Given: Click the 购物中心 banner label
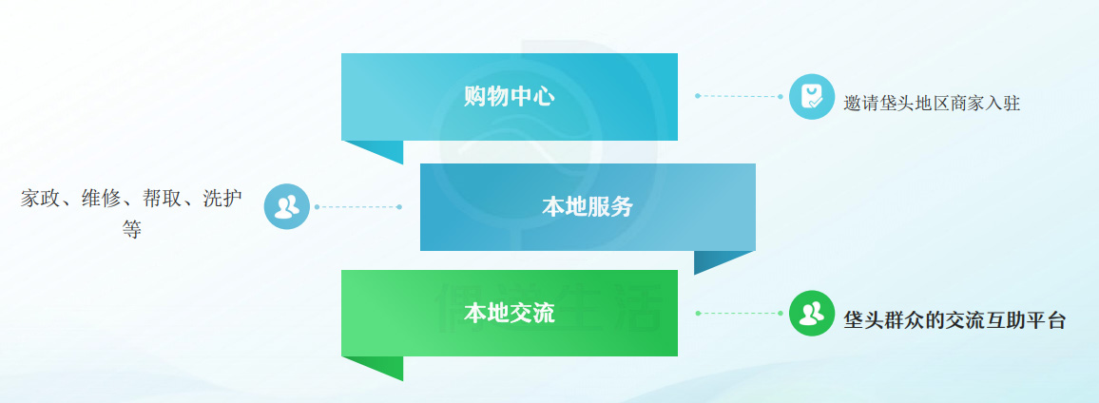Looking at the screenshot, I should (509, 97).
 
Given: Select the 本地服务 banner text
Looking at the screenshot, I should (588, 207).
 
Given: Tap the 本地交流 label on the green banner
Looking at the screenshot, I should (509, 314).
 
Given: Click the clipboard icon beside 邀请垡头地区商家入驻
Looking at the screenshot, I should (811, 96).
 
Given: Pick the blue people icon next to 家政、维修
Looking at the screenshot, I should (286, 206).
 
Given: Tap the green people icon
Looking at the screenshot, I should (811, 314).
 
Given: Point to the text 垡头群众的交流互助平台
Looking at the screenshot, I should (954, 320).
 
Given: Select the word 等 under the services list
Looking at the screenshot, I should (131, 230).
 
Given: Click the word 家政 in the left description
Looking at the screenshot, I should (41, 199).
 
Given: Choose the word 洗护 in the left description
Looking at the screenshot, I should (222, 199).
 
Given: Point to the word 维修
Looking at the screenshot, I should (102, 199).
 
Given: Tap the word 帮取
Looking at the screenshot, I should (163, 199).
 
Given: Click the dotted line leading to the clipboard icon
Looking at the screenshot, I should (737, 96).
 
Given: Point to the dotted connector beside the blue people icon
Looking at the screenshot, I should (357, 206).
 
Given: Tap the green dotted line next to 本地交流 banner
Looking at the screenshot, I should (737, 313).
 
